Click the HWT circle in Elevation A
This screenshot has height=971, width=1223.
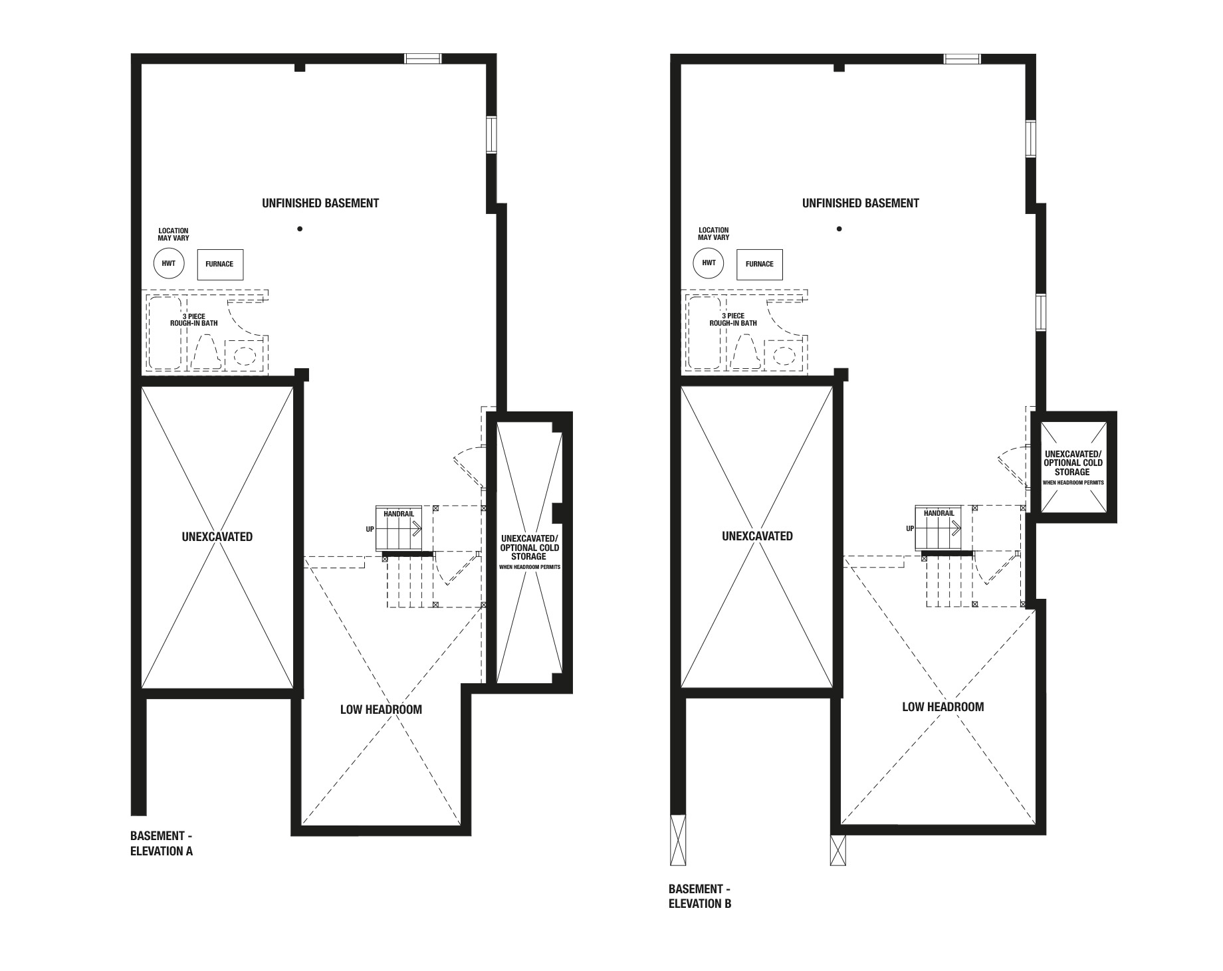tap(169, 263)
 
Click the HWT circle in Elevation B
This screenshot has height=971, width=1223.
tap(709, 263)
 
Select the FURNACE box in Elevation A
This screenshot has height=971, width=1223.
tap(219, 264)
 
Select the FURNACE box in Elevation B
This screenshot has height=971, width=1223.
tap(760, 264)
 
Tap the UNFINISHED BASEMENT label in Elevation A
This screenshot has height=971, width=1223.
tap(320, 203)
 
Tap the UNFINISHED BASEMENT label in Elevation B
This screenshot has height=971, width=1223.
tap(861, 203)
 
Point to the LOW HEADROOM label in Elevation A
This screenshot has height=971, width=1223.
tap(381, 710)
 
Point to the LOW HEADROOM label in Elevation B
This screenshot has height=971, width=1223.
tap(943, 707)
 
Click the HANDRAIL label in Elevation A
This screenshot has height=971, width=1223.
tap(399, 514)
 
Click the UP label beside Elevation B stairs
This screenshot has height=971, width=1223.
tap(910, 529)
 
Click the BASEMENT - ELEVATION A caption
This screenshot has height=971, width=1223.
tap(162, 843)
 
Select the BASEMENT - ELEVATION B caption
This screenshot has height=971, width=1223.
tap(700, 897)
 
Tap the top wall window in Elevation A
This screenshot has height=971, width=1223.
tap(423, 58)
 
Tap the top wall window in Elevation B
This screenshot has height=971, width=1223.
tap(962, 58)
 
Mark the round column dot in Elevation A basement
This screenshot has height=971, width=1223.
tap(300, 229)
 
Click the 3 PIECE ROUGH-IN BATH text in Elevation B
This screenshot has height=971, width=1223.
tap(733, 320)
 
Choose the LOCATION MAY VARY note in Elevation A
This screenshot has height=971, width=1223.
tap(173, 234)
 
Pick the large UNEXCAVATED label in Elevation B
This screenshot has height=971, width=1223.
tap(758, 536)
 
